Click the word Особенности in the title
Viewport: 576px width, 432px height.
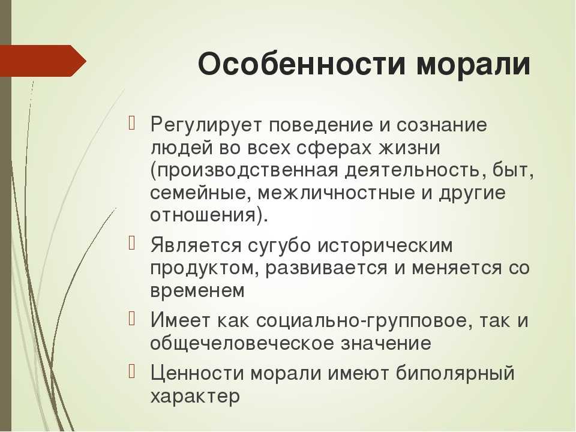(x=302, y=64)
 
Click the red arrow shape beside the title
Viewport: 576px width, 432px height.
(x=43, y=61)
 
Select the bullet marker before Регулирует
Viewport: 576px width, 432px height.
(x=132, y=124)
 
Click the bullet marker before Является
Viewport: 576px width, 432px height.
(x=132, y=244)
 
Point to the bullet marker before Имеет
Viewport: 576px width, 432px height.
(x=132, y=319)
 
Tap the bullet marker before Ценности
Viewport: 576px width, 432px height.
(x=132, y=371)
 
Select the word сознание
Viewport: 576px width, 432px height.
(x=442, y=125)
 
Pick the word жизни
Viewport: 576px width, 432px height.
(x=409, y=148)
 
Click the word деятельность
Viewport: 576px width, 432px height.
(x=413, y=171)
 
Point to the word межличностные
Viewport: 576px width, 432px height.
(x=336, y=193)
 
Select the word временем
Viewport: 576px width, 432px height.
(x=197, y=291)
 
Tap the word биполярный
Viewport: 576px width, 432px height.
(x=455, y=374)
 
